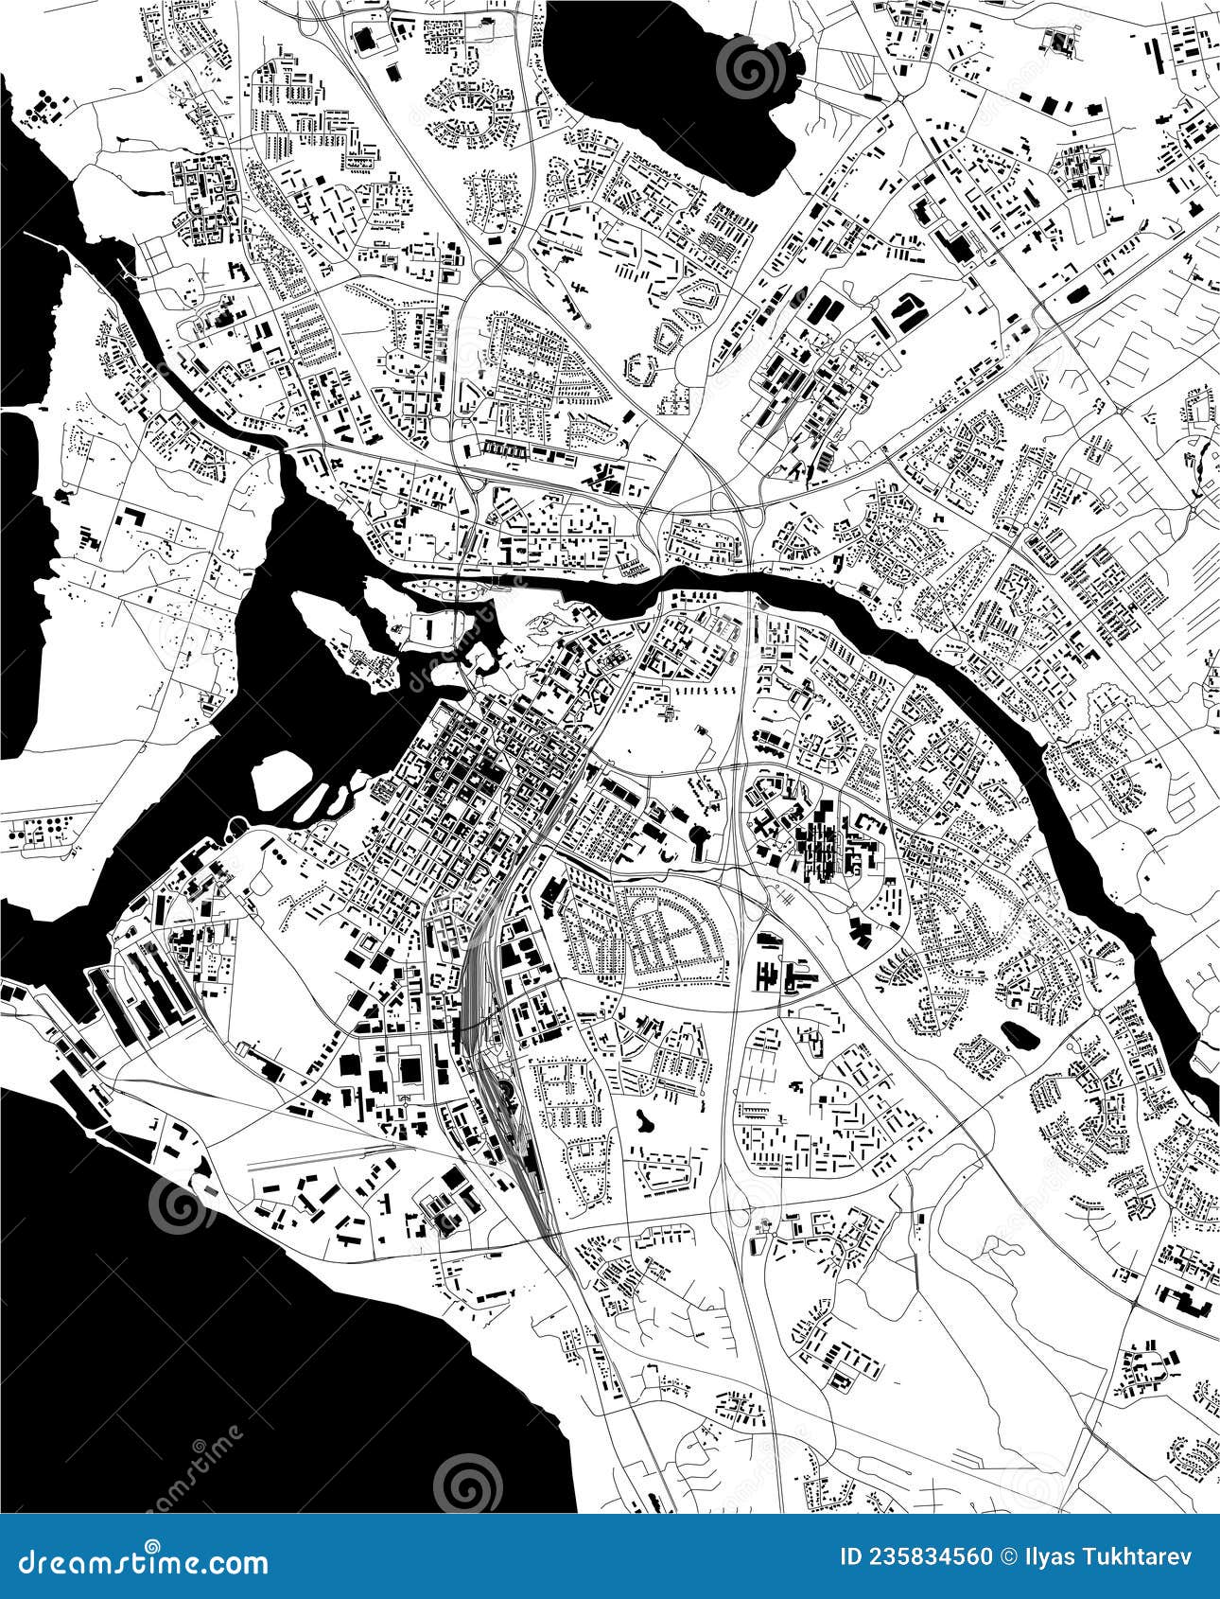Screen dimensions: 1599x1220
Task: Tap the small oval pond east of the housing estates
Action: click(x=1020, y=1034)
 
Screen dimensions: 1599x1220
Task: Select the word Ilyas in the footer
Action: click(x=1055, y=1556)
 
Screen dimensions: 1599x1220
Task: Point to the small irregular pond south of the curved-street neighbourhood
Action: click(x=648, y=1120)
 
